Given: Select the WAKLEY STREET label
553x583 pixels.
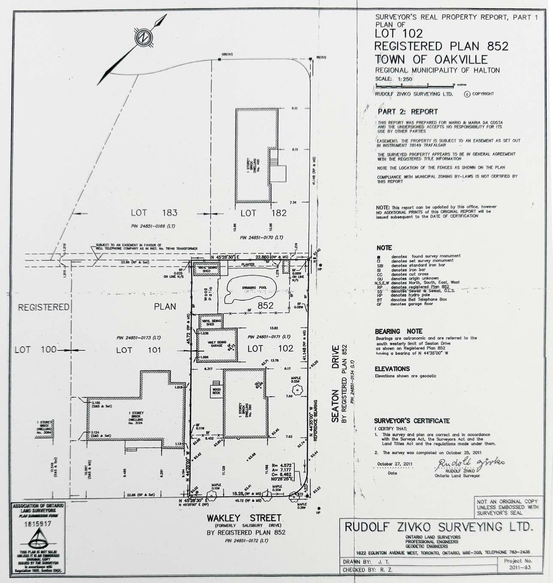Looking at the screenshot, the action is click(x=245, y=518).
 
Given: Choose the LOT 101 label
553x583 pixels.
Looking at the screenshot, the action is click(x=138, y=350).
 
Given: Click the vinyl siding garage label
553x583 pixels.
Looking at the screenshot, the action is click(x=216, y=344).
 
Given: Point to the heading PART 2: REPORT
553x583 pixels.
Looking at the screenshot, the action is click(x=408, y=112).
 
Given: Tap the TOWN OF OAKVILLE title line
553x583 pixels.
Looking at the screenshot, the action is click(x=431, y=59).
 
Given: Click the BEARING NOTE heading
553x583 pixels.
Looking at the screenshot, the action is click(x=399, y=331).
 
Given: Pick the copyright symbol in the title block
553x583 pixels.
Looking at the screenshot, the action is click(x=467, y=94).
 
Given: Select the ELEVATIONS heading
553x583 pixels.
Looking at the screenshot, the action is click(x=392, y=369).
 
